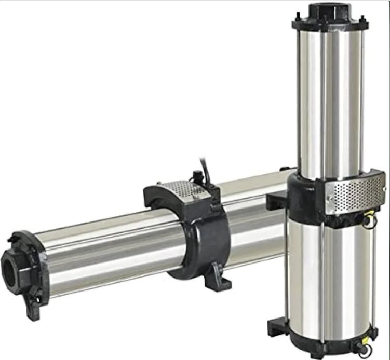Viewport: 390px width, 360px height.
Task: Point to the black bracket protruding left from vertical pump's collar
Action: tap(276, 200)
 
